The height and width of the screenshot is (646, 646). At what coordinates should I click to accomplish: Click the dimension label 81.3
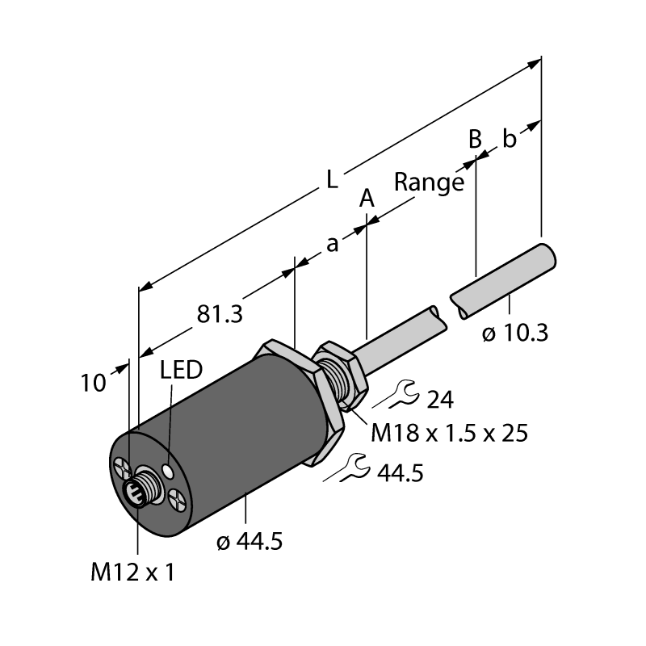tap(220, 314)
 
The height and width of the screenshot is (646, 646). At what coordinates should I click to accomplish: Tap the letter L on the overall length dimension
tap(332, 179)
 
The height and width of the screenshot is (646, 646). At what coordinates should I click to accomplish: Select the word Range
tap(429, 182)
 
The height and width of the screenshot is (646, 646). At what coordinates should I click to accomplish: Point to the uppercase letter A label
tap(367, 198)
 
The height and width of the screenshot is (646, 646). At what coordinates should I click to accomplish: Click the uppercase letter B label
tap(475, 139)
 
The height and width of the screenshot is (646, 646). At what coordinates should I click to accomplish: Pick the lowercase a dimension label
tap(332, 244)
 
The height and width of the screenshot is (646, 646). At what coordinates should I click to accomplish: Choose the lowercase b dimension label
tap(510, 138)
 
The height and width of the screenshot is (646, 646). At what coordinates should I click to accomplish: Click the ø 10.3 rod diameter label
tap(515, 333)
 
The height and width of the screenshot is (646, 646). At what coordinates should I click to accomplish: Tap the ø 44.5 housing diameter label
tap(250, 541)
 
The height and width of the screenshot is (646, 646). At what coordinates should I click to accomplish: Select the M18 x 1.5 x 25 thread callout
tap(449, 433)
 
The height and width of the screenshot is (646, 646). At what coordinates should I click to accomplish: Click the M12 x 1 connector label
tap(132, 573)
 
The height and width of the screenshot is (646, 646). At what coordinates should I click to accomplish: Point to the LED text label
tap(181, 370)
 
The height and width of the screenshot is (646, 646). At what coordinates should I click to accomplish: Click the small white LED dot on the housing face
tap(168, 470)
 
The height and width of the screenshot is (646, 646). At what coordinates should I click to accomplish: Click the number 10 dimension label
tap(93, 383)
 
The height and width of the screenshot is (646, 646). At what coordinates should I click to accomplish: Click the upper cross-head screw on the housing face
tap(123, 469)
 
